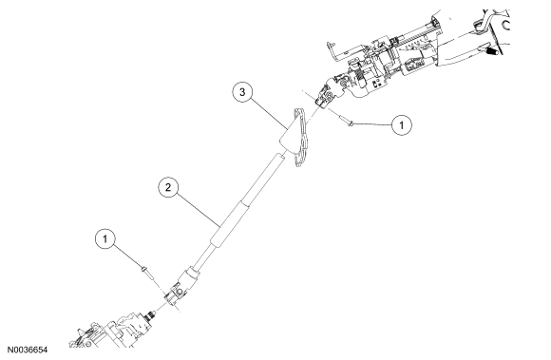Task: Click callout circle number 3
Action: [x=242, y=92]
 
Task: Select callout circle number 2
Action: [x=168, y=187]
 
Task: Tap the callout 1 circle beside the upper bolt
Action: [x=402, y=124]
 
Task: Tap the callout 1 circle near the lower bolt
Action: [x=105, y=239]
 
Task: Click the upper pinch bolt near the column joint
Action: [x=346, y=121]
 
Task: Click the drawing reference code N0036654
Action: [x=28, y=350]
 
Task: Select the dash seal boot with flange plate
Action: [x=295, y=138]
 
